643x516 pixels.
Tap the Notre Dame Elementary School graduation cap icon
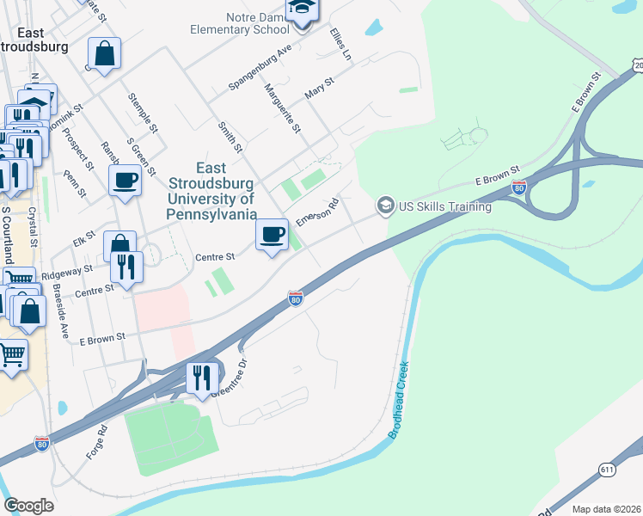[302, 9]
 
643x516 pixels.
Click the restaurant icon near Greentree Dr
[202, 378]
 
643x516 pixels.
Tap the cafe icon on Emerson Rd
[273, 235]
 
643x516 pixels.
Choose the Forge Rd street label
[96, 441]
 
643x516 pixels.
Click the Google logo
[28, 506]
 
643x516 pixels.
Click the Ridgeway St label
[66, 272]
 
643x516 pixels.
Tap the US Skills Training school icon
[385, 206]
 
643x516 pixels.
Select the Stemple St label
[143, 113]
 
